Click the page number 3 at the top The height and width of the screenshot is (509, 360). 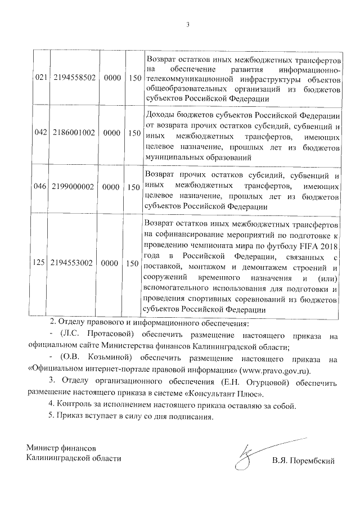[188, 24]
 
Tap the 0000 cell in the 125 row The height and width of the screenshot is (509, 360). [112, 263]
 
